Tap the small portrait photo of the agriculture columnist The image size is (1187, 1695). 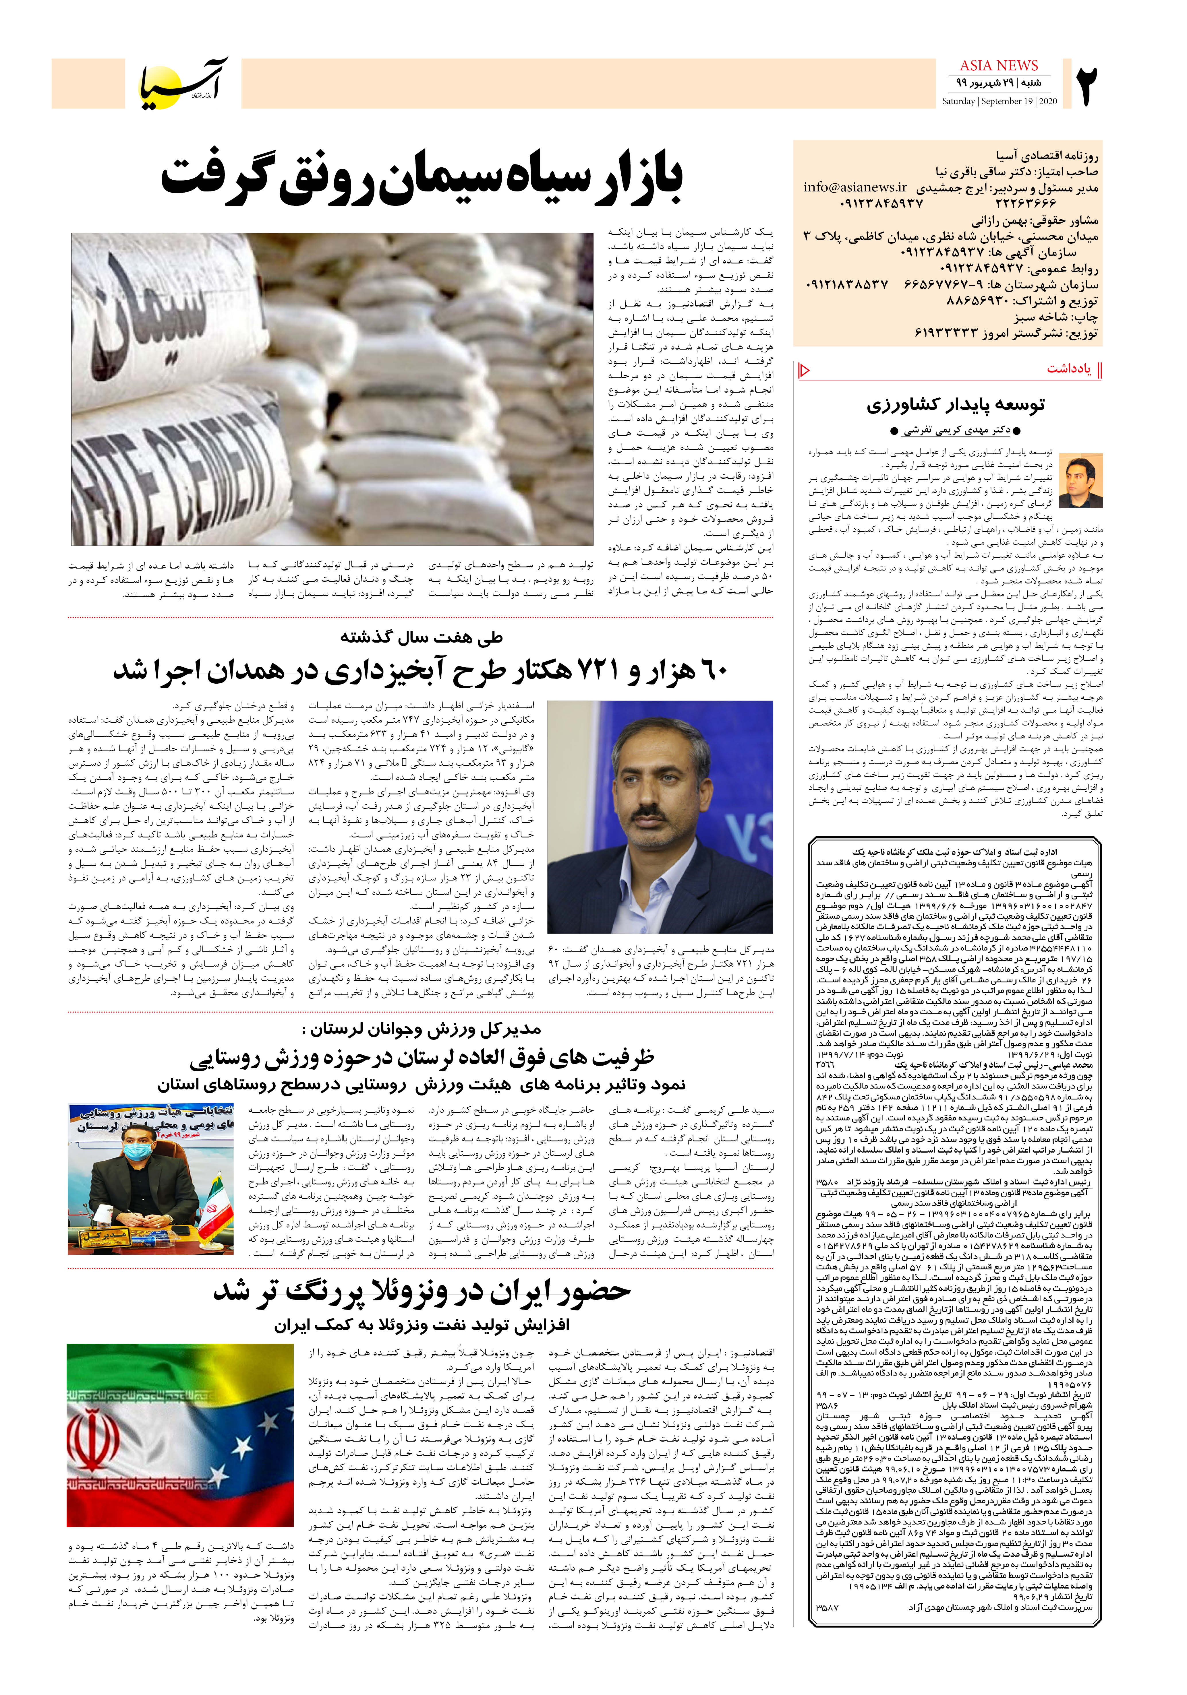tap(1081, 481)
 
